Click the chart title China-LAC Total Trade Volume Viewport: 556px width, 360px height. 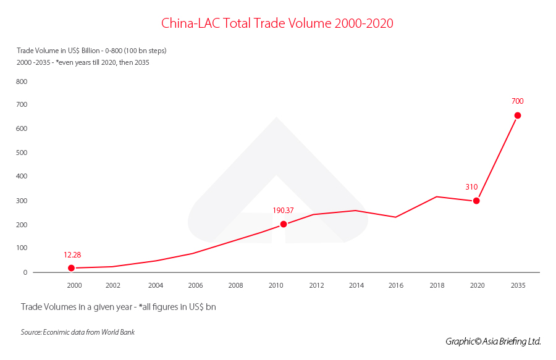(x=277, y=23)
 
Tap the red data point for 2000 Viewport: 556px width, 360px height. (x=72, y=268)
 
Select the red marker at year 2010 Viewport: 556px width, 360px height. (x=284, y=224)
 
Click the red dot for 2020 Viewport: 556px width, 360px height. (x=476, y=201)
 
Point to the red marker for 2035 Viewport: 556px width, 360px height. (x=518, y=115)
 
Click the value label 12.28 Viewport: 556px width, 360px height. (x=72, y=254)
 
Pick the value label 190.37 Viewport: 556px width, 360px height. (x=283, y=210)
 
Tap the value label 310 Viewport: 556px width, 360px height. (x=472, y=186)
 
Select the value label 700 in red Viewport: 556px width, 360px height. (x=518, y=101)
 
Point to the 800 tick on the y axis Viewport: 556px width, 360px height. (x=22, y=82)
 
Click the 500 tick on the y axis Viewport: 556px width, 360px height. (x=22, y=153)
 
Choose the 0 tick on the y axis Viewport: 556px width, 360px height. (x=25, y=272)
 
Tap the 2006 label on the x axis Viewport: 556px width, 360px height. (x=196, y=285)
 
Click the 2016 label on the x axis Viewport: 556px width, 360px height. (x=395, y=285)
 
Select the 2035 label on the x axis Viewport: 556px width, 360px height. (x=518, y=285)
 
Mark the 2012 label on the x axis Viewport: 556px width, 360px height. (x=316, y=285)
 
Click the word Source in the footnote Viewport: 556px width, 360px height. (x=31, y=332)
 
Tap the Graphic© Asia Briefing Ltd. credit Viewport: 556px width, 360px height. (x=493, y=341)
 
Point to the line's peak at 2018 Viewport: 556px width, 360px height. (x=437, y=196)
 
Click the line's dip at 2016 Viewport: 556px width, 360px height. (x=395, y=217)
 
